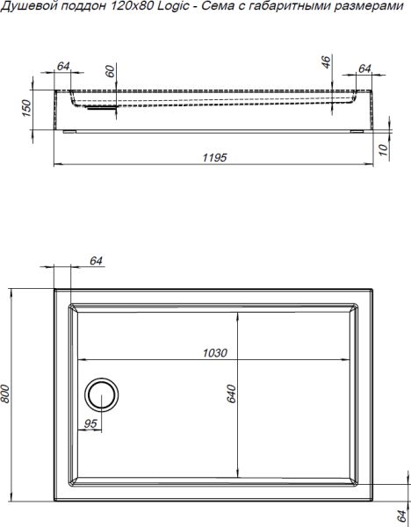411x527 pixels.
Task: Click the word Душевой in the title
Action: point(26,8)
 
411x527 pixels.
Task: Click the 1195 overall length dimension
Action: point(215,157)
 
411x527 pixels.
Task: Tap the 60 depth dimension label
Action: point(110,73)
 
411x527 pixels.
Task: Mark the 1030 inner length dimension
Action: point(215,353)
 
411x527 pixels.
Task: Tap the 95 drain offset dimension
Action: point(90,423)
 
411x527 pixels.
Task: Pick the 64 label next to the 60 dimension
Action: point(63,65)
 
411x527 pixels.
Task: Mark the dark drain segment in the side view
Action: point(104,110)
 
